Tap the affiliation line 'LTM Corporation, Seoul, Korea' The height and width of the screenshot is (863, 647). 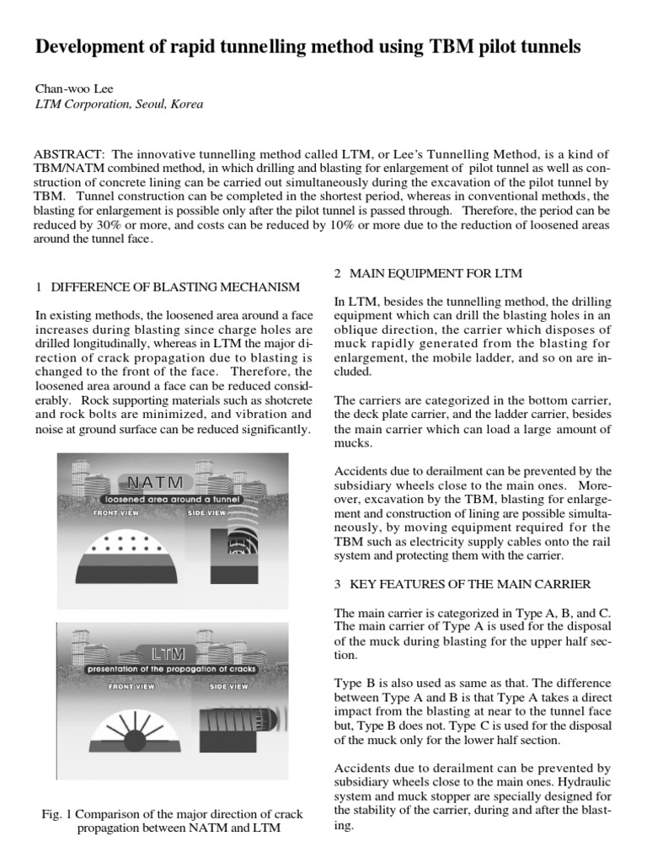pyautogui.click(x=119, y=105)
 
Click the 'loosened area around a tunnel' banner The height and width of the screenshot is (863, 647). pyautogui.click(x=168, y=499)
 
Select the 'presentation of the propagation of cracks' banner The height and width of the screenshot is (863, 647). pyautogui.click(x=172, y=669)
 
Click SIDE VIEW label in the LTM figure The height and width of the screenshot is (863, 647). pyautogui.click(x=228, y=687)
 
